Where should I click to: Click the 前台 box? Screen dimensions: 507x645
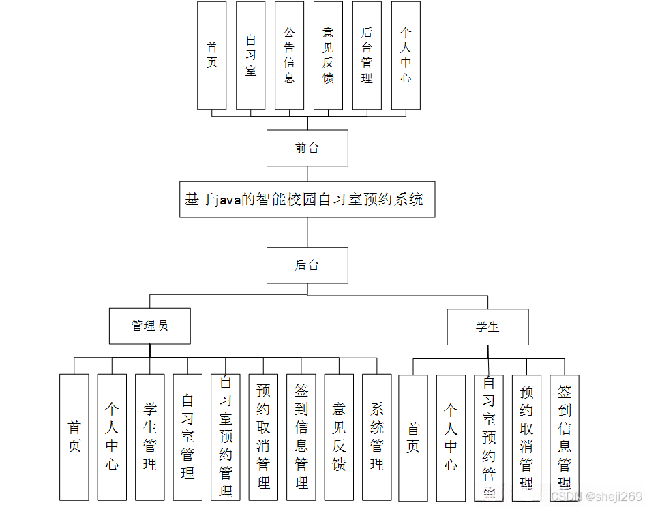[307, 148]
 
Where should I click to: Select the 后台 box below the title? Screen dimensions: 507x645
[307, 265]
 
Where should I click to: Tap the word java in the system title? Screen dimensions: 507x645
[228, 200]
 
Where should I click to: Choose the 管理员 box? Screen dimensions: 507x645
[149, 326]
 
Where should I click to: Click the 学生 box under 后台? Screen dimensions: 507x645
[487, 327]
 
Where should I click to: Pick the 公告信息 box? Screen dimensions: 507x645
[289, 55]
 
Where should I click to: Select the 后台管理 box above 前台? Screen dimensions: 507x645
[367, 55]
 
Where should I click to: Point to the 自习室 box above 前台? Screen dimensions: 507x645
[251, 55]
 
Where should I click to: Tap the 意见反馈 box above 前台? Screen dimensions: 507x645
[328, 55]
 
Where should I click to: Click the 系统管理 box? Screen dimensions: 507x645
[377, 437]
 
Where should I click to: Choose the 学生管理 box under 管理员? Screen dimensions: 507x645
[150, 437]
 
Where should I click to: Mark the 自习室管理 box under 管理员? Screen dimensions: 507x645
[187, 437]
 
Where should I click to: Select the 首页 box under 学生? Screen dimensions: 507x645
[413, 437]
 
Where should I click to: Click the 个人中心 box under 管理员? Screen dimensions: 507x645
[112, 437]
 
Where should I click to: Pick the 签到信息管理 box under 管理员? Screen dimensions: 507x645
[301, 437]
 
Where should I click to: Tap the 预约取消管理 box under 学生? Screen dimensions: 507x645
[526, 437]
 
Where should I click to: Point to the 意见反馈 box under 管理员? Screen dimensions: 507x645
[339, 437]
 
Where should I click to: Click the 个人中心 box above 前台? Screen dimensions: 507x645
[406, 55]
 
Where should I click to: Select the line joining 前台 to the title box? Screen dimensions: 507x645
[307, 174]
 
